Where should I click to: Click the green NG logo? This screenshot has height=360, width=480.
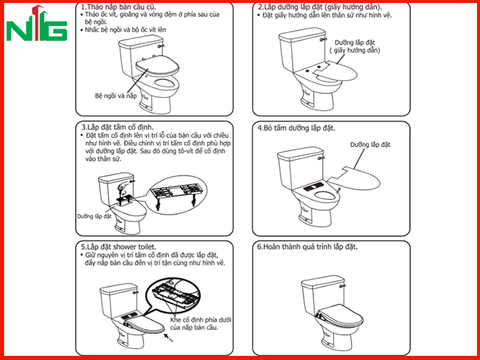pos(37,23)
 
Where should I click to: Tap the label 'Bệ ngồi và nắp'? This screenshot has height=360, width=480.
pos(116,96)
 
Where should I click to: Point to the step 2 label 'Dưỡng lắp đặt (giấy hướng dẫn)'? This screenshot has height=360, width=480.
pos(355,47)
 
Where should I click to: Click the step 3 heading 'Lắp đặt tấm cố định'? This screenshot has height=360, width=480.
pos(118,127)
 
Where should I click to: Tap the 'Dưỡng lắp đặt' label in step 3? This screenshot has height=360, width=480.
pos(94,217)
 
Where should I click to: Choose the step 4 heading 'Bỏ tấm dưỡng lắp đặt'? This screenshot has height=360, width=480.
pos(296,128)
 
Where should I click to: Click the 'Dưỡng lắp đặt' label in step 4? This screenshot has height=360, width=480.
pos(370,145)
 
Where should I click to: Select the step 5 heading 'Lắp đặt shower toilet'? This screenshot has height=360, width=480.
pos(118,247)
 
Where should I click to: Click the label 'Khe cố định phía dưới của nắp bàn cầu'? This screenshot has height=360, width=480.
pos(200,323)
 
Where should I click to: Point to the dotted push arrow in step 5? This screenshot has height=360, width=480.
pos(169,338)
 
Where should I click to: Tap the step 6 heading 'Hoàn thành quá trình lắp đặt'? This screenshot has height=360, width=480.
pos(307,247)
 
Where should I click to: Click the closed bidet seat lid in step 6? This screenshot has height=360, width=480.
pos(340,316)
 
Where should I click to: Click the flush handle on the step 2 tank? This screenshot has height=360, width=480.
pos(322,40)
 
